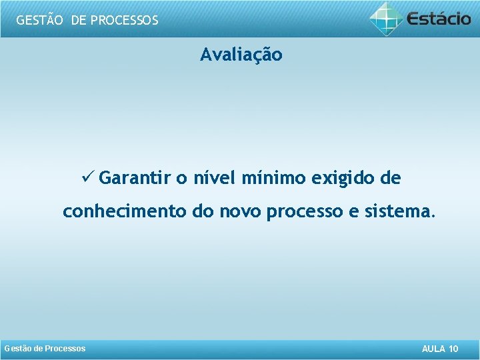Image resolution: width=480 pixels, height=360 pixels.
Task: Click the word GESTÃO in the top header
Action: (39, 20)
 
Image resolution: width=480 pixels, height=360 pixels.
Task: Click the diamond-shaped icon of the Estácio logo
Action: (387, 18)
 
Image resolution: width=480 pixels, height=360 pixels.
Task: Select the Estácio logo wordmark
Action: (439, 18)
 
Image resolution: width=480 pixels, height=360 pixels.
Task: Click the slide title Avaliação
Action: (241, 55)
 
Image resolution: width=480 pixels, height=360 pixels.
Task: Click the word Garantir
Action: (135, 179)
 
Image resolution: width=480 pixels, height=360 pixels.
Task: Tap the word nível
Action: (215, 179)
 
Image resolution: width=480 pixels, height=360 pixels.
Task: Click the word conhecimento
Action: (124, 212)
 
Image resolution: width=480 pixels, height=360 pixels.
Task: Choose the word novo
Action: (237, 212)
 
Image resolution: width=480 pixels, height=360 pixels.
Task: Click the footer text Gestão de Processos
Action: (45, 349)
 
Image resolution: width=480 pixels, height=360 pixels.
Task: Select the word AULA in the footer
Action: (435, 349)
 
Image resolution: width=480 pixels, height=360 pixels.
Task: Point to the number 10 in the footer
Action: (454, 349)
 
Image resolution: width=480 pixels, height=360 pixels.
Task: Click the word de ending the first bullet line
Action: (389, 179)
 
